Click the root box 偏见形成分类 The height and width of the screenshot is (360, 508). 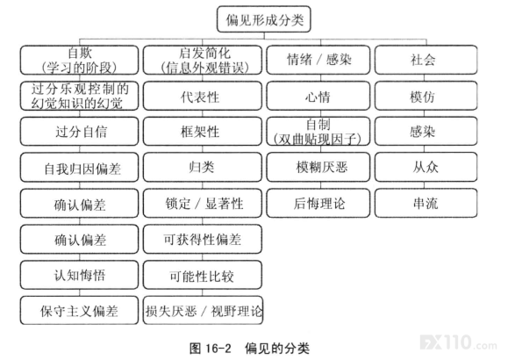pos(264,19)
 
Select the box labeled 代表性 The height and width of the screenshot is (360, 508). pos(203,96)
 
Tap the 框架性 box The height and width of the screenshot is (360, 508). pos(203,132)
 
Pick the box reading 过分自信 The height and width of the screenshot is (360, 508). pos(79,132)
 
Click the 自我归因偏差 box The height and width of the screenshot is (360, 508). pos(79,168)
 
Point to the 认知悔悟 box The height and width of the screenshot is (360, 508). pos(79,275)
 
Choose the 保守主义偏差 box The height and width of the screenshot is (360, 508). pos(79,310)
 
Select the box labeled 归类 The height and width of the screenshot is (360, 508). pos(203,168)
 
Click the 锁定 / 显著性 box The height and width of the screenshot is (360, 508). pos(203,204)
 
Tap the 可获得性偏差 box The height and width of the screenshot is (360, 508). pos(203,239)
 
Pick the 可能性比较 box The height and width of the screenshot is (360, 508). pos(203,275)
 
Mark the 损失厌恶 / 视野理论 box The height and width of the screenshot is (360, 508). pos(204,310)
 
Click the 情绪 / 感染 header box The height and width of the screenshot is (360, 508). pos(318,60)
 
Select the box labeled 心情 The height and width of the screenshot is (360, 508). pos(318,96)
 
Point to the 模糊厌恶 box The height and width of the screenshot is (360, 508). pos(318,168)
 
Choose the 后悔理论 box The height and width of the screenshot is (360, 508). pos(318,204)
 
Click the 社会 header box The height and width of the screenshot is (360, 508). pos(426,60)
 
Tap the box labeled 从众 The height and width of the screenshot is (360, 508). pos(426,168)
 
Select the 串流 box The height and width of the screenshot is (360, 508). pos(426,204)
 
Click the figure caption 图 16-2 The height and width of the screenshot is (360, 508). pos(211,349)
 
